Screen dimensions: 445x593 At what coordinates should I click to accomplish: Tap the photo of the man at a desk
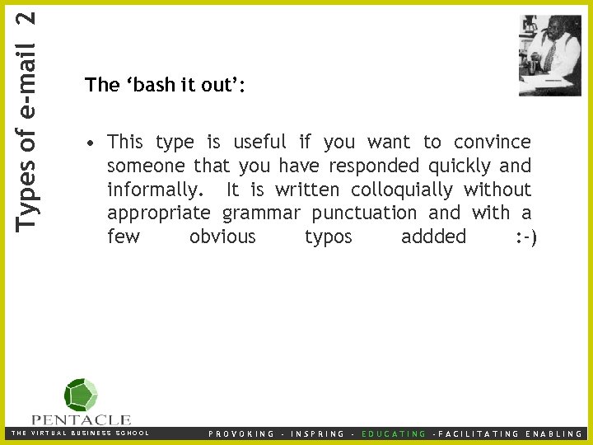point(549,55)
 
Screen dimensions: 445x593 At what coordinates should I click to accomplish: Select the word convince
point(493,143)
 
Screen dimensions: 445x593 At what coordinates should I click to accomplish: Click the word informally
point(154,190)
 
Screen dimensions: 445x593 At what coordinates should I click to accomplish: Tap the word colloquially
point(402,190)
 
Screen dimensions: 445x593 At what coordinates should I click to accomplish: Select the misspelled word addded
point(433,237)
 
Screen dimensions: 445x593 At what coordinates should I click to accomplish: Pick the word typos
point(328,237)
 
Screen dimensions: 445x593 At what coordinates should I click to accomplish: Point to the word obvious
point(222,237)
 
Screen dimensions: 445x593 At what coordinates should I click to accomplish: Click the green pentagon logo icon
point(81,395)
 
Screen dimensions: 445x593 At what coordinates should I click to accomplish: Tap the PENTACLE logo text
point(82,419)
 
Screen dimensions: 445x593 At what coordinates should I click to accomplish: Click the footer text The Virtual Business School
point(79,433)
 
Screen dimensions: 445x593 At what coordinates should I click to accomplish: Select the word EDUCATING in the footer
point(395,433)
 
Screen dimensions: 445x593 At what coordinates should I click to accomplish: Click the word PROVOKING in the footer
point(241,433)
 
